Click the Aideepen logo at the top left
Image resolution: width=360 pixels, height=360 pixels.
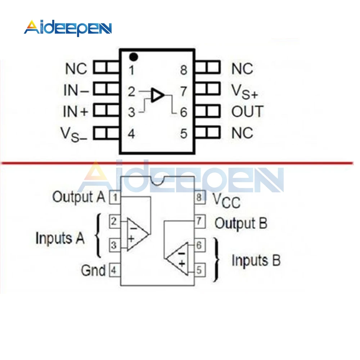[x=68, y=28]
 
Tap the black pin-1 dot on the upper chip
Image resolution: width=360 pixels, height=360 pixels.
[x=134, y=57]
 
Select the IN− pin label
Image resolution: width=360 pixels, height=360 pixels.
[x=76, y=90]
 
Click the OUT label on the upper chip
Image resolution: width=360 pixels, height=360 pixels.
[x=247, y=112]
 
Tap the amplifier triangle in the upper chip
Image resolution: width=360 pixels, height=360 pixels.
[x=158, y=95]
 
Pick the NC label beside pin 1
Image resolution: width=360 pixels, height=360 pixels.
[x=76, y=69]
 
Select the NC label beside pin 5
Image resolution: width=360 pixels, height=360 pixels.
[x=242, y=134]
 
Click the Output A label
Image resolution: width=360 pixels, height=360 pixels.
[x=79, y=197]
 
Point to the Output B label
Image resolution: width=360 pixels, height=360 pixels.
[x=241, y=224]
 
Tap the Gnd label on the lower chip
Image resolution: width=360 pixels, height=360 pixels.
[x=93, y=270]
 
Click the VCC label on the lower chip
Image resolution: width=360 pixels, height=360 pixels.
[x=226, y=200]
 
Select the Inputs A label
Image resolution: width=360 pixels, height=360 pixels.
[x=60, y=238]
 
